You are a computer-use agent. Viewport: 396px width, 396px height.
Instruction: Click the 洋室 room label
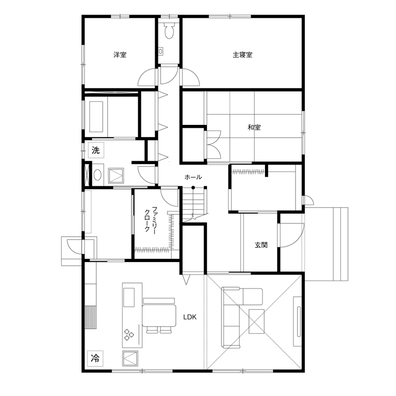(x=120, y=55)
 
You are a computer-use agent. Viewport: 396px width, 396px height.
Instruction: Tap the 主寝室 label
(x=242, y=55)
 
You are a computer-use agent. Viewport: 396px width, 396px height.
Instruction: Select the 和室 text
(x=255, y=127)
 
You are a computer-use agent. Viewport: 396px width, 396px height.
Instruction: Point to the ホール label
(x=193, y=177)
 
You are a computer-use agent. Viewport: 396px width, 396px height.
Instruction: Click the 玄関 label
(x=261, y=245)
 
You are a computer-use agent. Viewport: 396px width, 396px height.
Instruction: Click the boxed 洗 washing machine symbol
(x=96, y=151)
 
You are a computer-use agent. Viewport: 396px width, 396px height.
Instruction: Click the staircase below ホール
(x=193, y=204)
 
